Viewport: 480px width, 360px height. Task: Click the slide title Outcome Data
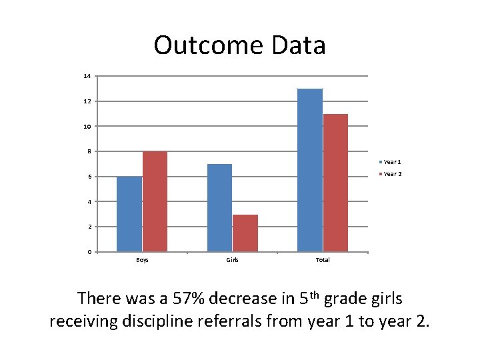coord(239,45)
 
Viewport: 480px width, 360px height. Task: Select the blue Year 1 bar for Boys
coord(129,213)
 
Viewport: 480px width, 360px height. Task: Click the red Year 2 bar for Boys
coord(155,201)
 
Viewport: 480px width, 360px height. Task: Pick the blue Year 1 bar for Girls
coord(219,207)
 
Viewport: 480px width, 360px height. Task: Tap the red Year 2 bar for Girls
coord(245,233)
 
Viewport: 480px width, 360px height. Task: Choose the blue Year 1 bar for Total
coord(310,170)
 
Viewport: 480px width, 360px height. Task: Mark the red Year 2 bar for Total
coord(335,183)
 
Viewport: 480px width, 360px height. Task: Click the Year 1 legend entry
coord(391,162)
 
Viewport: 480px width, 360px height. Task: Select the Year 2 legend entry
coord(391,174)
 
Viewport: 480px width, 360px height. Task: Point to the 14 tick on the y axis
coord(87,76)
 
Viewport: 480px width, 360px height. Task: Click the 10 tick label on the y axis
coord(87,126)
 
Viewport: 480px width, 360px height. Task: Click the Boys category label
coord(142,260)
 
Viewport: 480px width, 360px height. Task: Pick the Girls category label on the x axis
coord(232,260)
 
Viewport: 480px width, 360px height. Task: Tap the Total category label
coord(323,260)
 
